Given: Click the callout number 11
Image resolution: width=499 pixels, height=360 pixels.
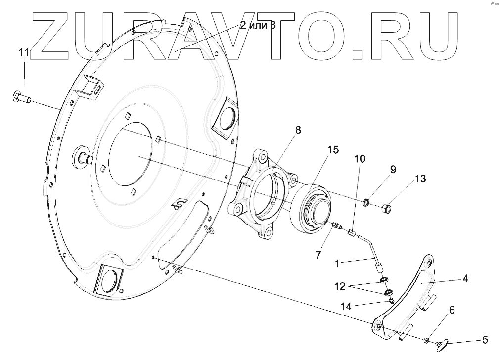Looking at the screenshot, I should pyautogui.click(x=24, y=53).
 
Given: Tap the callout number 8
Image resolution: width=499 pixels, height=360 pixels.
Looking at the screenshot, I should pyautogui.click(x=297, y=130).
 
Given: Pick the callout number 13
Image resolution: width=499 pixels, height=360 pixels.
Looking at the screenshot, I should pyautogui.click(x=420, y=179).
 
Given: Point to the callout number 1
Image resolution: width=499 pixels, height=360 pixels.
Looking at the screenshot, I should pyautogui.click(x=337, y=264).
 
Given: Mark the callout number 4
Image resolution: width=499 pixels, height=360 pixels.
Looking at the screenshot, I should pyautogui.click(x=464, y=278).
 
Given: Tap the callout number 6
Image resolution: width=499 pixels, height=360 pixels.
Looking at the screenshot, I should pyautogui.click(x=451, y=309).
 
